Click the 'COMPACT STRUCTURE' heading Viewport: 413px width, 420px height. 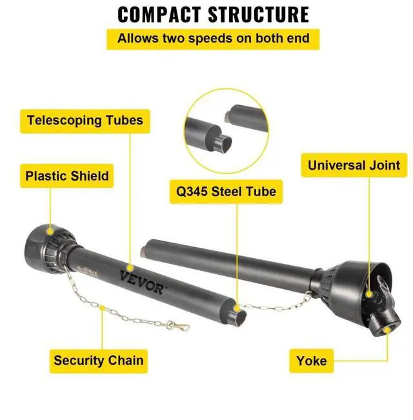pyautogui.click(x=214, y=14)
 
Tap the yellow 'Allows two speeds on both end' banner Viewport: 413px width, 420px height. pyautogui.click(x=213, y=39)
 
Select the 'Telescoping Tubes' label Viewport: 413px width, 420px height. pyautogui.click(x=85, y=120)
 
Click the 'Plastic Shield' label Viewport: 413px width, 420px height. pyautogui.click(x=66, y=175)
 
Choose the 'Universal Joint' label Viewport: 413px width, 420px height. pyautogui.click(x=354, y=165)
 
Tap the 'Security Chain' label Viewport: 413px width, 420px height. pyautogui.click(x=99, y=360)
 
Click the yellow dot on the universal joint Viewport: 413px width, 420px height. pyautogui.click(x=369, y=294)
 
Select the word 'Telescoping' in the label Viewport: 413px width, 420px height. pyautogui.click(x=65, y=120)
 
